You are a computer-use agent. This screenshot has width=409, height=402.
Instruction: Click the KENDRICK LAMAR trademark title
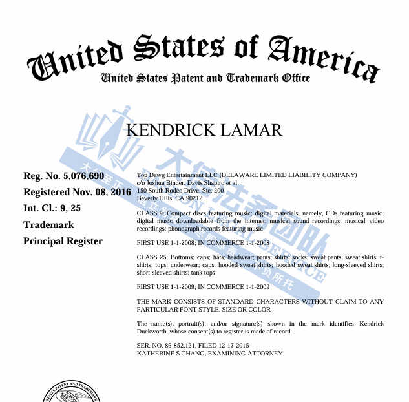pos(204,130)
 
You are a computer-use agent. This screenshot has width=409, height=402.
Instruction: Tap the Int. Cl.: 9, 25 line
pos(52,208)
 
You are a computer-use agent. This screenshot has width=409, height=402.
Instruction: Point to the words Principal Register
pos(63,241)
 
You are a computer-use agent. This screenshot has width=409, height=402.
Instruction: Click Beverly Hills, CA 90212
pos(170,198)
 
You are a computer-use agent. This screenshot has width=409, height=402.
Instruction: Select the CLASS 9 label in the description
pos(151,213)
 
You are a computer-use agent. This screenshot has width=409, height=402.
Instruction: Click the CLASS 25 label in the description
pos(152,257)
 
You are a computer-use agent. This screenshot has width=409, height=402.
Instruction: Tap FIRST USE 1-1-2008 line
pos(204,242)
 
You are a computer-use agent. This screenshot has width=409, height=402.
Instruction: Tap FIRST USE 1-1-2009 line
pos(204,286)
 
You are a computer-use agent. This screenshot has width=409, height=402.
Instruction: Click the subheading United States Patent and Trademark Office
pos(205,78)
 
